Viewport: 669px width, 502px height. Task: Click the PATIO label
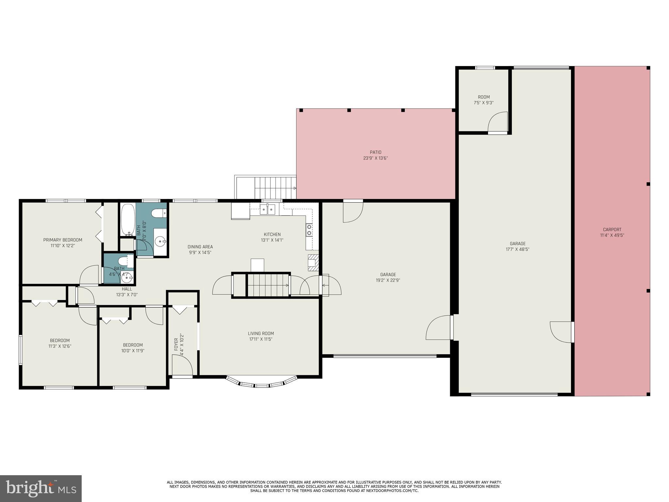pyautogui.click(x=375, y=152)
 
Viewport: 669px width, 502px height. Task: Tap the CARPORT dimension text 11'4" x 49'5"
pyautogui.click(x=612, y=235)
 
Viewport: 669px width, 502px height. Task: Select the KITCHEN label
pyautogui.click(x=272, y=234)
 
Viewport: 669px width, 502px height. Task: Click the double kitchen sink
pyautogui.click(x=267, y=209)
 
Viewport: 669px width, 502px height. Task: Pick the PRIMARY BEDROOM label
pyautogui.click(x=63, y=240)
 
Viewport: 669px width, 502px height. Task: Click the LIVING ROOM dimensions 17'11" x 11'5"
pyautogui.click(x=260, y=339)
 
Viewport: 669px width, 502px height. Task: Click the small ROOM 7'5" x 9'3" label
pyautogui.click(x=483, y=97)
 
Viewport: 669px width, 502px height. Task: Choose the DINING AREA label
pyautogui.click(x=200, y=247)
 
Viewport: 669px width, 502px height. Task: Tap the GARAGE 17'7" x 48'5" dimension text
pyautogui.click(x=517, y=249)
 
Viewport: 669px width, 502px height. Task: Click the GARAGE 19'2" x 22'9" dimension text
pyautogui.click(x=388, y=280)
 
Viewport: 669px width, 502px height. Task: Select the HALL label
pyautogui.click(x=127, y=289)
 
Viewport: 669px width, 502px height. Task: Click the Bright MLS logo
pyautogui.click(x=41, y=488)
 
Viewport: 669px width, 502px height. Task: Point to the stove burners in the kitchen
pyautogui.click(x=309, y=230)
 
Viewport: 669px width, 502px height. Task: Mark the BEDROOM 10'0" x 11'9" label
pyautogui.click(x=133, y=345)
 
